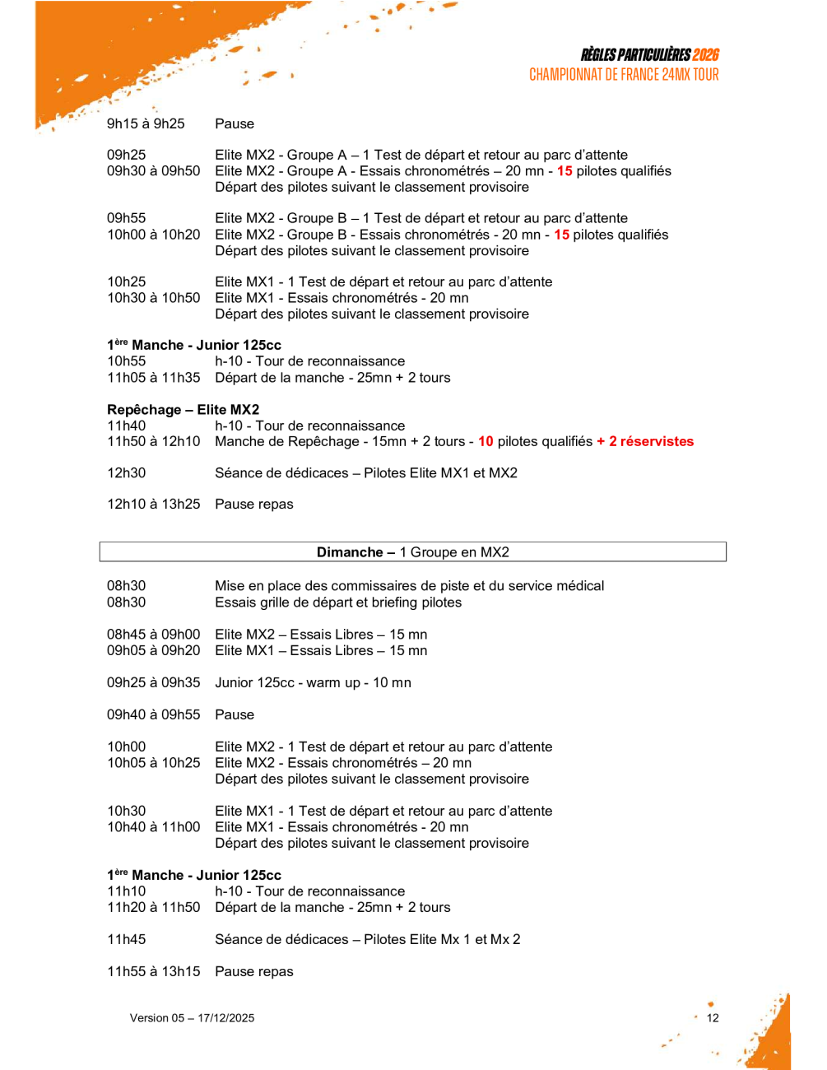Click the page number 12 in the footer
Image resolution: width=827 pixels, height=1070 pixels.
point(713,1018)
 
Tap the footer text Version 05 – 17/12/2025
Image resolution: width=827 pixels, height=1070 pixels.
point(192,1018)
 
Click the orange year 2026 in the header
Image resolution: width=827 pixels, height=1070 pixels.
point(705,55)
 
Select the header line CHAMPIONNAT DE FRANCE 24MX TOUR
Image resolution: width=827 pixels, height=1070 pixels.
point(624,75)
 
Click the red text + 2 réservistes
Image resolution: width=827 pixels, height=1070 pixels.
point(645,442)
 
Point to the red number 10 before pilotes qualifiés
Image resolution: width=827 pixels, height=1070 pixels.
point(486,442)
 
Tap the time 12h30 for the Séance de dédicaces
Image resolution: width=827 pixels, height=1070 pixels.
point(126,473)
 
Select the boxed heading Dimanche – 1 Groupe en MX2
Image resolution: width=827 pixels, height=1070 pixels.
point(412,552)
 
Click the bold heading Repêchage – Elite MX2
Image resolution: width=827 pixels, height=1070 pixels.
point(183,410)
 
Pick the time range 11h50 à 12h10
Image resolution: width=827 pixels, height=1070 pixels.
point(153,442)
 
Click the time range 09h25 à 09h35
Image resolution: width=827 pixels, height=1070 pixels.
point(153,683)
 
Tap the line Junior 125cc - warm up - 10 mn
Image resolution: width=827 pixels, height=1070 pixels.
point(313,683)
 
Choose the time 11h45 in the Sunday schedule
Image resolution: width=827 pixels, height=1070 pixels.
point(126,940)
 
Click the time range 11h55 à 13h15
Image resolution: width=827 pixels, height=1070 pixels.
point(153,972)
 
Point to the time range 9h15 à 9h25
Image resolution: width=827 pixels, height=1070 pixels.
point(146,124)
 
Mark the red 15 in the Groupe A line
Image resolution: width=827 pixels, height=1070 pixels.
point(564,171)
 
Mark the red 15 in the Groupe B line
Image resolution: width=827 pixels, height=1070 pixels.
point(561,235)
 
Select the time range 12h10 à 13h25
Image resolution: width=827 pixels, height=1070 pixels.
point(153,505)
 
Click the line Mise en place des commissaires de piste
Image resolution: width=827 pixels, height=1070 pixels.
point(409,586)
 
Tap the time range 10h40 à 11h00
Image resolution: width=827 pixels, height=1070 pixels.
point(153,827)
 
